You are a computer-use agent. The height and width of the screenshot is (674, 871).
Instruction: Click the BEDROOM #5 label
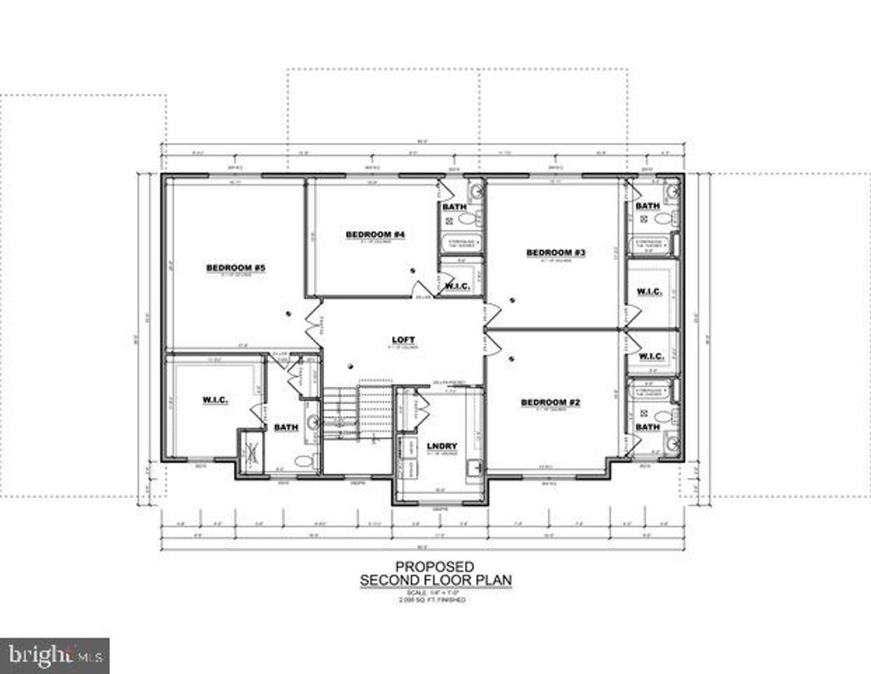coord(236,268)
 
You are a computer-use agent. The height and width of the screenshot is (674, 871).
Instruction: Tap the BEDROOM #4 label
coord(374,234)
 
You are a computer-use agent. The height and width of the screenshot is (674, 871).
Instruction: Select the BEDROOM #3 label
coord(556,252)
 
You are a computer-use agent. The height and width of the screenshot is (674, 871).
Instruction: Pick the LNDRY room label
coord(441,446)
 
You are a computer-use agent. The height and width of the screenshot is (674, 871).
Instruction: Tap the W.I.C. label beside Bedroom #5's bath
coord(214,399)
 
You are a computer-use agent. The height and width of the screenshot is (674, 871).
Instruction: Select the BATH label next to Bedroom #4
coord(454,207)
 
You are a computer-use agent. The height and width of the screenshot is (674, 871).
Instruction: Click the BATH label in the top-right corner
coord(647,206)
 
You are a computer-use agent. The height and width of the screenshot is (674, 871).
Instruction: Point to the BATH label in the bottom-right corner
coord(647,426)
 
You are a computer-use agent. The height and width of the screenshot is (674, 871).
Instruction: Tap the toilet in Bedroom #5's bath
coord(302,462)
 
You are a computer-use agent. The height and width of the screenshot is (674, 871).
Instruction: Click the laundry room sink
coord(473,466)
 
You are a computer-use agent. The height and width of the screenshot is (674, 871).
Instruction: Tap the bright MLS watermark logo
coord(54,655)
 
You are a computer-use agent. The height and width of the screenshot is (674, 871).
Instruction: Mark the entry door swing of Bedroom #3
coord(492,314)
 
